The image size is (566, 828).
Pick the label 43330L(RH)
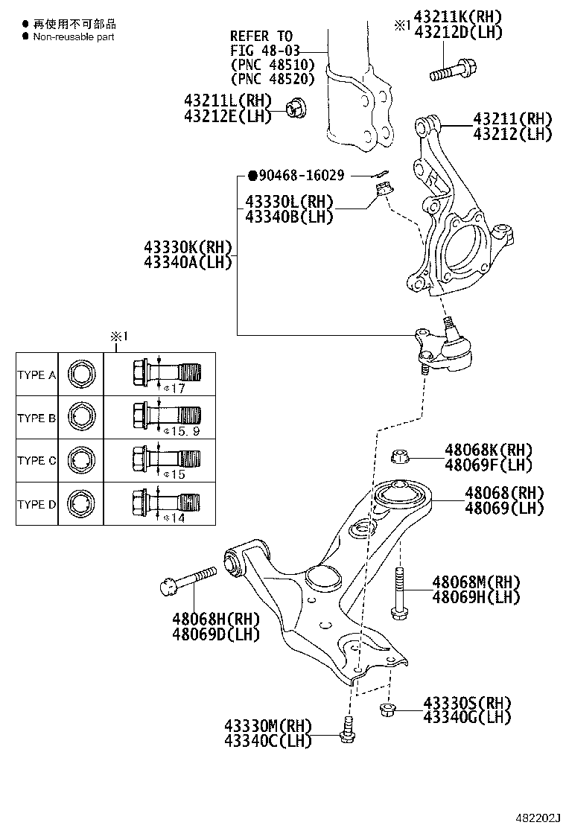pos(289,202)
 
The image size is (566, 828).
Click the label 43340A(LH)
pos(188,261)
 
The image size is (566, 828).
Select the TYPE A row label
pos(36,375)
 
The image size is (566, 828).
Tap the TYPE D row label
pos(36,504)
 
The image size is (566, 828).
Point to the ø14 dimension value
pos(174,517)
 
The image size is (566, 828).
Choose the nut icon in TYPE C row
pos(80,460)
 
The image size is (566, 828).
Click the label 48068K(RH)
pos(489,450)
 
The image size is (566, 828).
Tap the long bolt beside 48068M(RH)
pos(398,591)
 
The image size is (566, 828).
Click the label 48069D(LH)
pos(216,634)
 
